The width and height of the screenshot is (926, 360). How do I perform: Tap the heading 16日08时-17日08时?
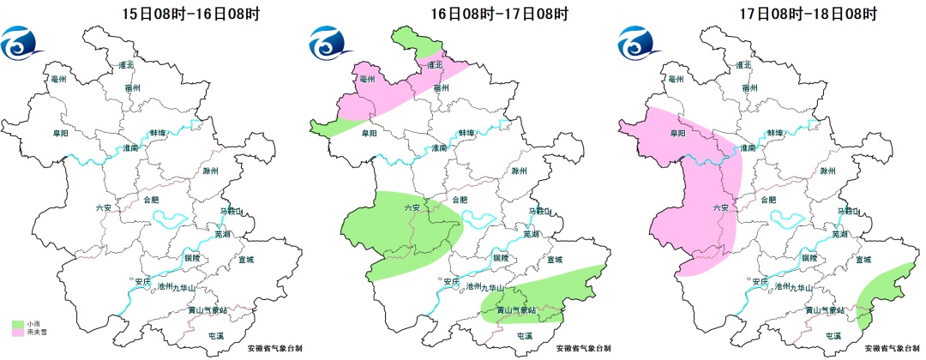click(499, 13)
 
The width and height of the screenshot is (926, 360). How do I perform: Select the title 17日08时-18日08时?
click(809, 13)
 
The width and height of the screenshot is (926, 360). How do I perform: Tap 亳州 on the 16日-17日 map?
click(367, 80)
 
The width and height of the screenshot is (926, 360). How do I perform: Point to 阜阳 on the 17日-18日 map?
click(677, 134)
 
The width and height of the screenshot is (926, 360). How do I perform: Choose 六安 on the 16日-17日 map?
click(412, 208)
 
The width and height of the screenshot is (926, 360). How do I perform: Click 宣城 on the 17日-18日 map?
click(864, 258)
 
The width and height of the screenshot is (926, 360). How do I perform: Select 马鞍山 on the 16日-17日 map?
click(539, 211)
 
